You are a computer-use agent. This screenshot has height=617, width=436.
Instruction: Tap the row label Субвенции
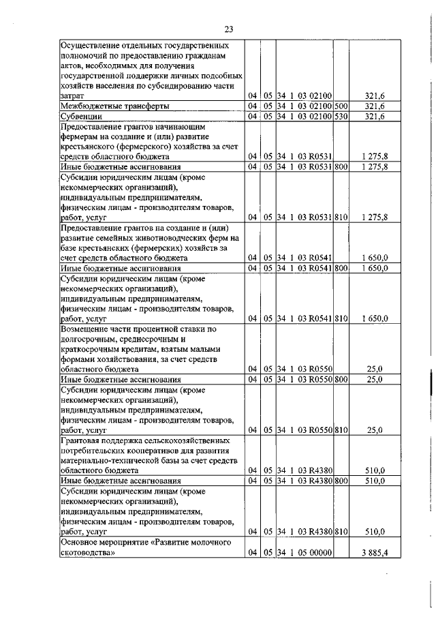pyautogui.click(x=82, y=117)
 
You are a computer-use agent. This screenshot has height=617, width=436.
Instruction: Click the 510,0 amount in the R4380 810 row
pyautogui.click(x=375, y=531)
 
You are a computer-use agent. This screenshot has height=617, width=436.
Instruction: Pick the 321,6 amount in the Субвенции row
pyautogui.click(x=375, y=117)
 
